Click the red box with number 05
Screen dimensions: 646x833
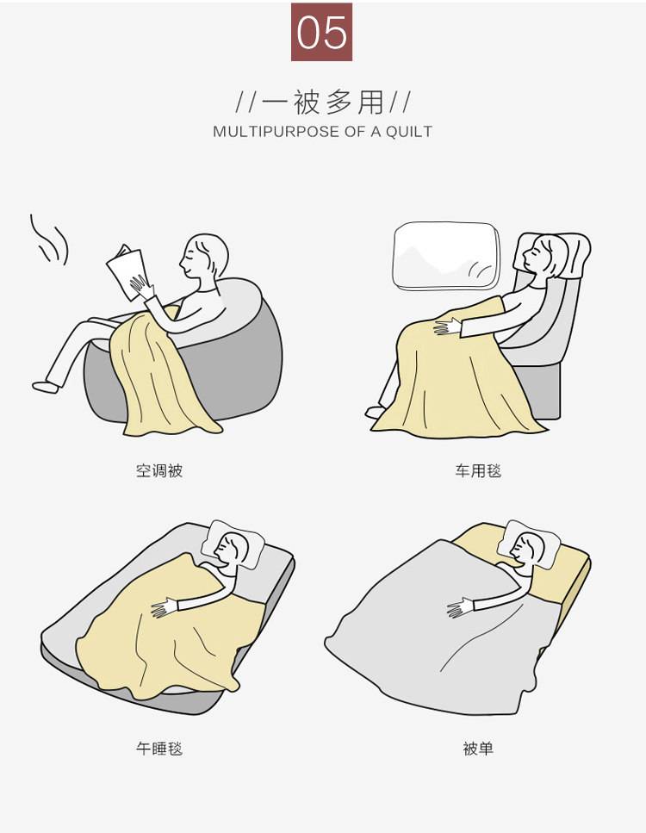(321, 32)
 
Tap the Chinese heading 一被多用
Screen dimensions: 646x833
(323, 102)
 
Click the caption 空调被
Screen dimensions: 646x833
(159, 470)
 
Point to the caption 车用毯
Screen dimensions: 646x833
(478, 470)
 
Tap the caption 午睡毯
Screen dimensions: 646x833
(159, 749)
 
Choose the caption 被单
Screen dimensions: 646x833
(478, 749)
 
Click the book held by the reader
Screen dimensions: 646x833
(126, 272)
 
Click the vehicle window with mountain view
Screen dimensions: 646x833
(446, 256)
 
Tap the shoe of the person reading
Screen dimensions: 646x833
(45, 387)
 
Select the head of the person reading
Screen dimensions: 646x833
(204, 257)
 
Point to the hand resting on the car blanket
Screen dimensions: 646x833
(447, 326)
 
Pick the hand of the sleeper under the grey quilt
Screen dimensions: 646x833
(460, 607)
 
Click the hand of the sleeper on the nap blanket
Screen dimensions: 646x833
(165, 607)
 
